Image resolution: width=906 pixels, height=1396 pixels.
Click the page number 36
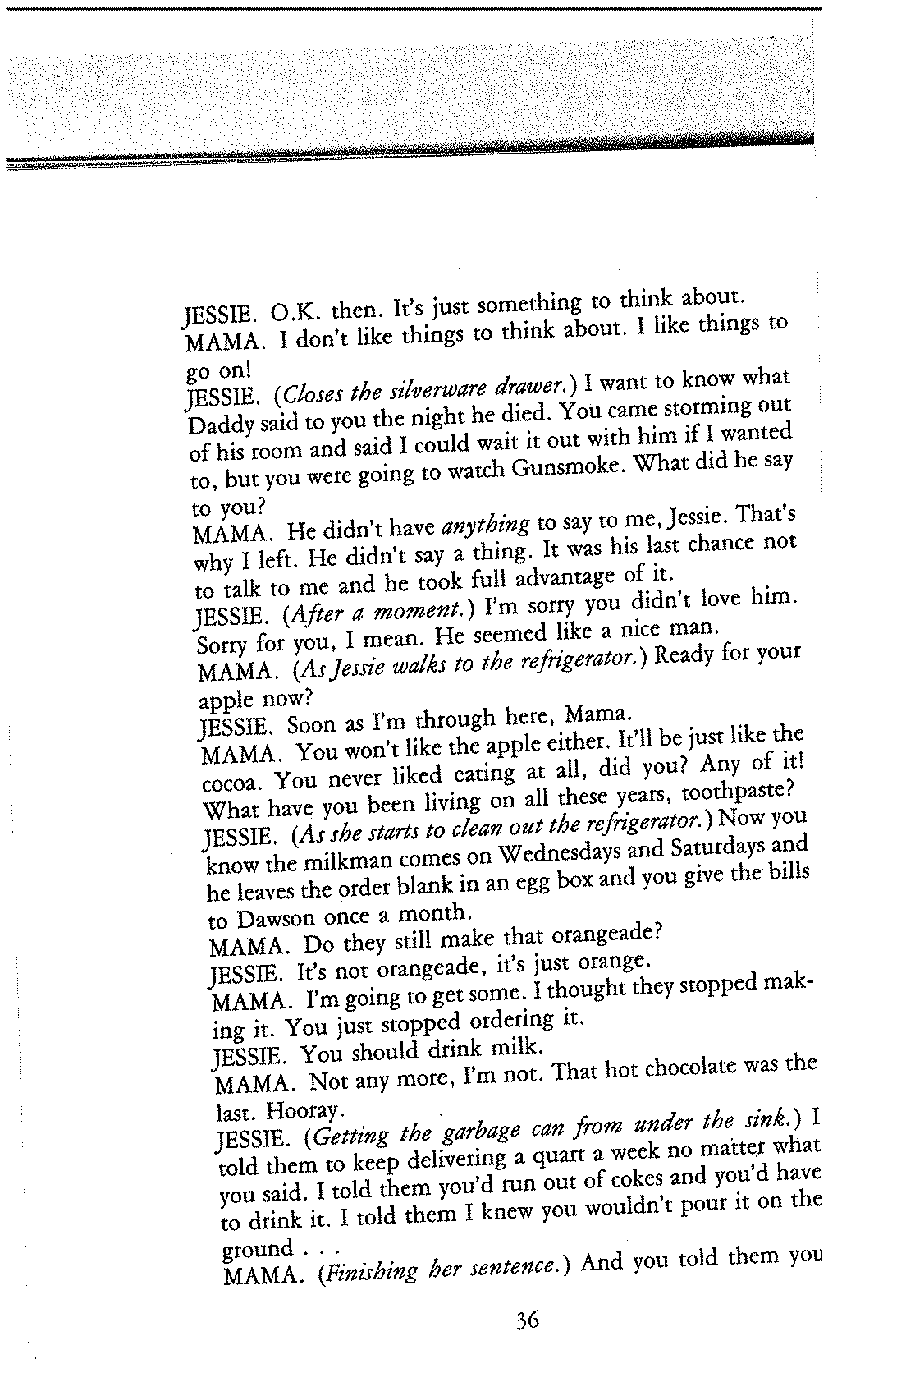527,1344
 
